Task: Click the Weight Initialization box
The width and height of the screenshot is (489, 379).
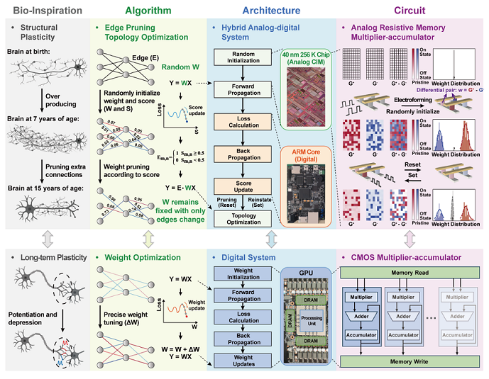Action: tap(243, 274)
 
